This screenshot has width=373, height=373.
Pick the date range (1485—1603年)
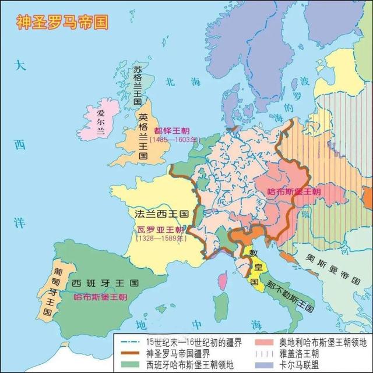174,140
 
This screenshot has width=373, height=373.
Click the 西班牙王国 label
105,283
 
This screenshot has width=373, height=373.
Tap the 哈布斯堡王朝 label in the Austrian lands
294,191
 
